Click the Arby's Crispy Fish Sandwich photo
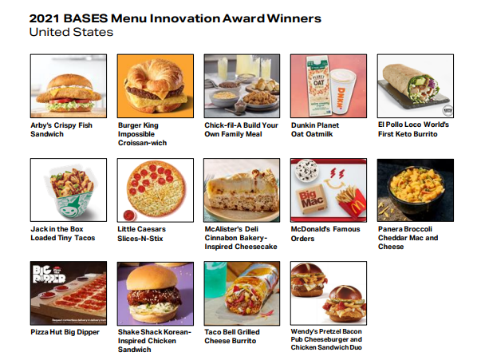(x=69, y=86)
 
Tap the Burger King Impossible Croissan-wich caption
(x=142, y=134)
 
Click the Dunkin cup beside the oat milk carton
(x=342, y=92)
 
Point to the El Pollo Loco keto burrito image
(x=416, y=86)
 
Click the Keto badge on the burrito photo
(x=448, y=110)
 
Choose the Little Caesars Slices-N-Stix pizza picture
(x=156, y=190)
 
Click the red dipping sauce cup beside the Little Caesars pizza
(x=128, y=215)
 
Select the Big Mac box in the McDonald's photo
(x=310, y=199)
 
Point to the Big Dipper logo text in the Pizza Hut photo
(x=49, y=275)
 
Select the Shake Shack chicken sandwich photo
(x=156, y=294)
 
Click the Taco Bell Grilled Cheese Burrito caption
(x=232, y=336)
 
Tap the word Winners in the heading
(x=294, y=18)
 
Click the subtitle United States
(x=71, y=32)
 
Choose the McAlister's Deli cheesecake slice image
(x=242, y=190)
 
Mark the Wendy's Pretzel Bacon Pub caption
(x=326, y=339)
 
